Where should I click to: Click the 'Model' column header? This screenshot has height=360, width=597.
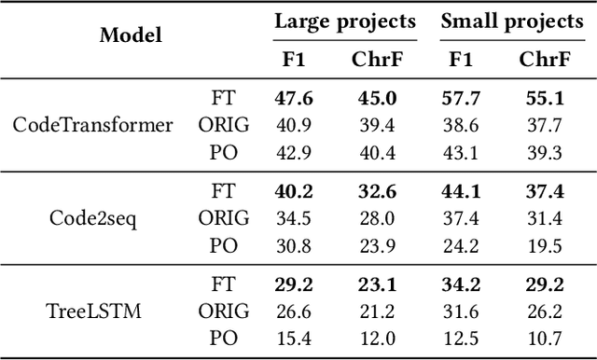[132, 35]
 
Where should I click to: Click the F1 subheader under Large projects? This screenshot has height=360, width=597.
[293, 59]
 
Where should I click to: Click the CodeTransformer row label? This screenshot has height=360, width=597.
[92, 124]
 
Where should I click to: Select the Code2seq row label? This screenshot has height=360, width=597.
[92, 218]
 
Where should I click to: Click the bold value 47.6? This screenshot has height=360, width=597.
[294, 97]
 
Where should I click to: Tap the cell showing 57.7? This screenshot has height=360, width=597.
[460, 97]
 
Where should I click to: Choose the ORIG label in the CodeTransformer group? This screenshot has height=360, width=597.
[224, 124]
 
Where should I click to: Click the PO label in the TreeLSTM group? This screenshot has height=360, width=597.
[224, 339]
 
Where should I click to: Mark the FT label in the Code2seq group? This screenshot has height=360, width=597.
[224, 191]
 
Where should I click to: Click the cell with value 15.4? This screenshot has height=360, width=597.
[294, 339]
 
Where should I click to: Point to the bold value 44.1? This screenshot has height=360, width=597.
[460, 191]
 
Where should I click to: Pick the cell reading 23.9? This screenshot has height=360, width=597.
[377, 244]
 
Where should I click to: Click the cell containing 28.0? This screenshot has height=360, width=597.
[377, 218]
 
